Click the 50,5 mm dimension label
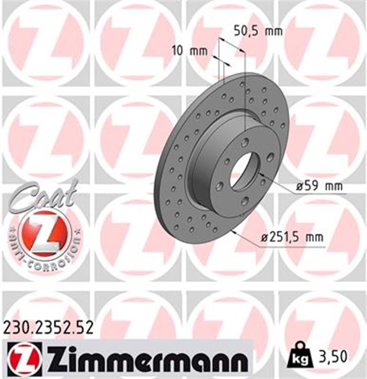[x=258, y=30]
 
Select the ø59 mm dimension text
[x=319, y=187]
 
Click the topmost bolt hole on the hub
[x=245, y=141]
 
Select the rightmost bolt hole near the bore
[x=270, y=156]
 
